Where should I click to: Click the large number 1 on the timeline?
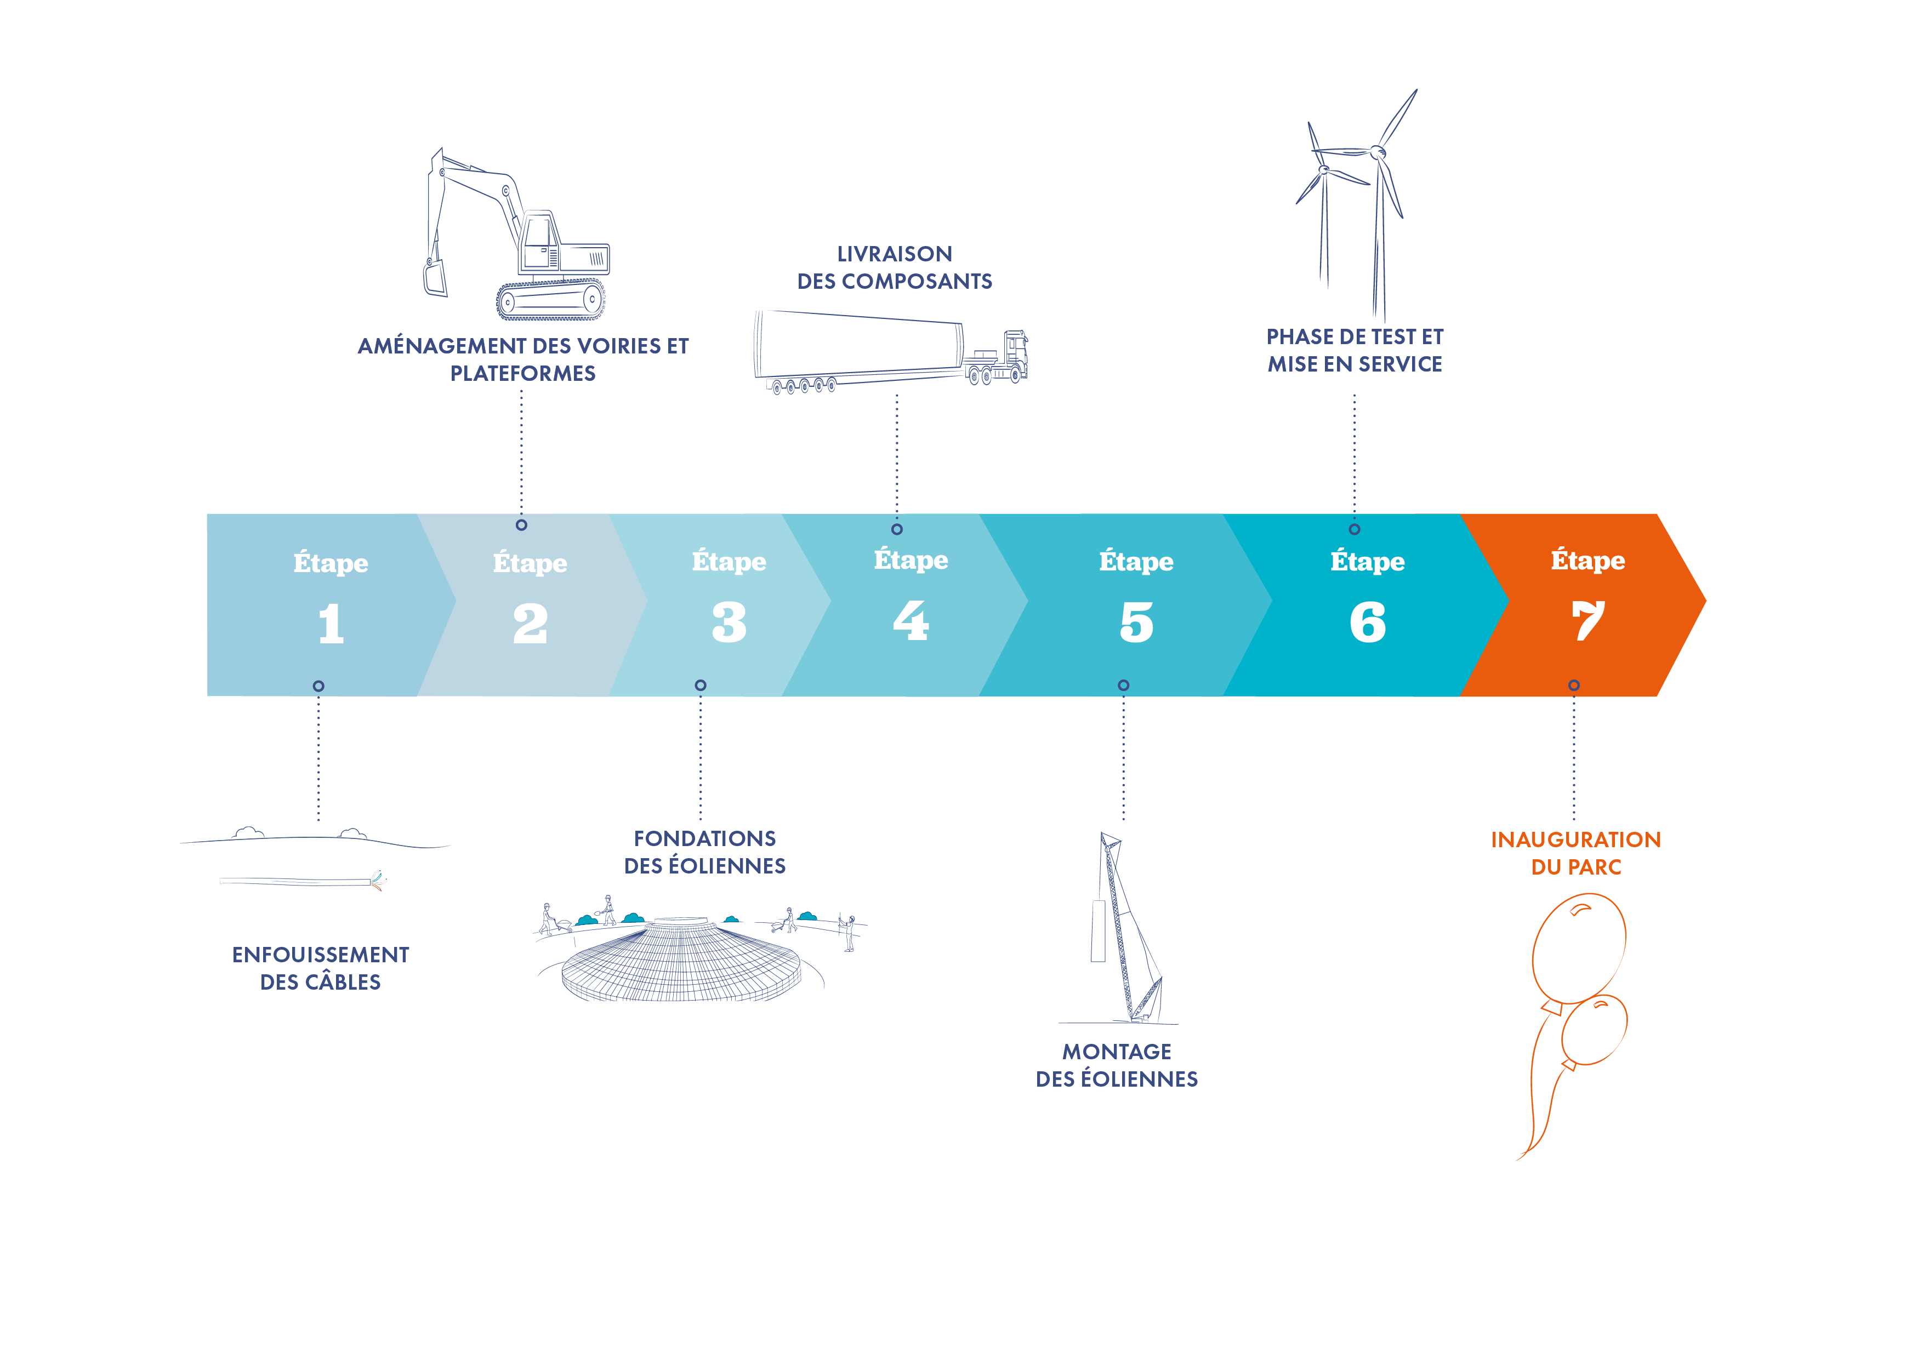click(331, 624)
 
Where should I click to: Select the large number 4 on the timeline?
click(911, 621)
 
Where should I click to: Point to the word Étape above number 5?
click(1136, 562)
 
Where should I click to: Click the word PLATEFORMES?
click(522, 374)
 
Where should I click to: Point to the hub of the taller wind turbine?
click(1377, 152)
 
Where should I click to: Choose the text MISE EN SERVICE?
click(1355, 364)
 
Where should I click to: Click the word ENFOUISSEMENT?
click(321, 955)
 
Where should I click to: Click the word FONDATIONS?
click(704, 838)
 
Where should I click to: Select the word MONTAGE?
click(1117, 1052)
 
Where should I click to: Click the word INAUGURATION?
click(1575, 840)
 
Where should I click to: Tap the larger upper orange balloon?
click(1579, 946)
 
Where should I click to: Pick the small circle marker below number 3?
click(700, 686)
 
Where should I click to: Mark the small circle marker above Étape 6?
click(1355, 529)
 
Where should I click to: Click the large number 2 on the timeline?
click(530, 624)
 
